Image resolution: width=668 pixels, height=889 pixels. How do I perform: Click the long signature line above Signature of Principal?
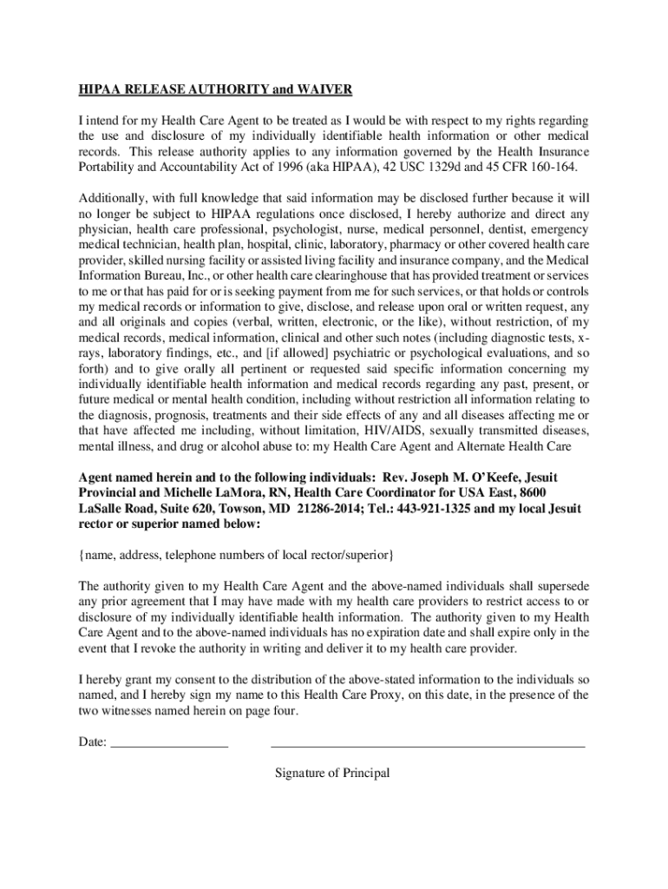coord(428,745)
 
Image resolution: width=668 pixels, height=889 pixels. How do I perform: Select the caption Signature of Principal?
coord(332,773)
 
